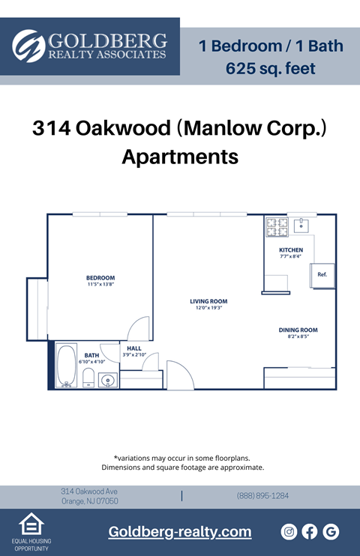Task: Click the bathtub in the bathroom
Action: [x=67, y=365]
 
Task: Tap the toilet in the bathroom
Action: [x=88, y=378]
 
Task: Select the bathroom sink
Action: [x=108, y=381]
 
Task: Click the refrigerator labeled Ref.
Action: [x=322, y=275]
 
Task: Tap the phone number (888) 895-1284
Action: [x=262, y=496]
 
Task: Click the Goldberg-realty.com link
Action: [x=180, y=532]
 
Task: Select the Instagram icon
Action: [x=289, y=532]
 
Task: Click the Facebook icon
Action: [x=310, y=532]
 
